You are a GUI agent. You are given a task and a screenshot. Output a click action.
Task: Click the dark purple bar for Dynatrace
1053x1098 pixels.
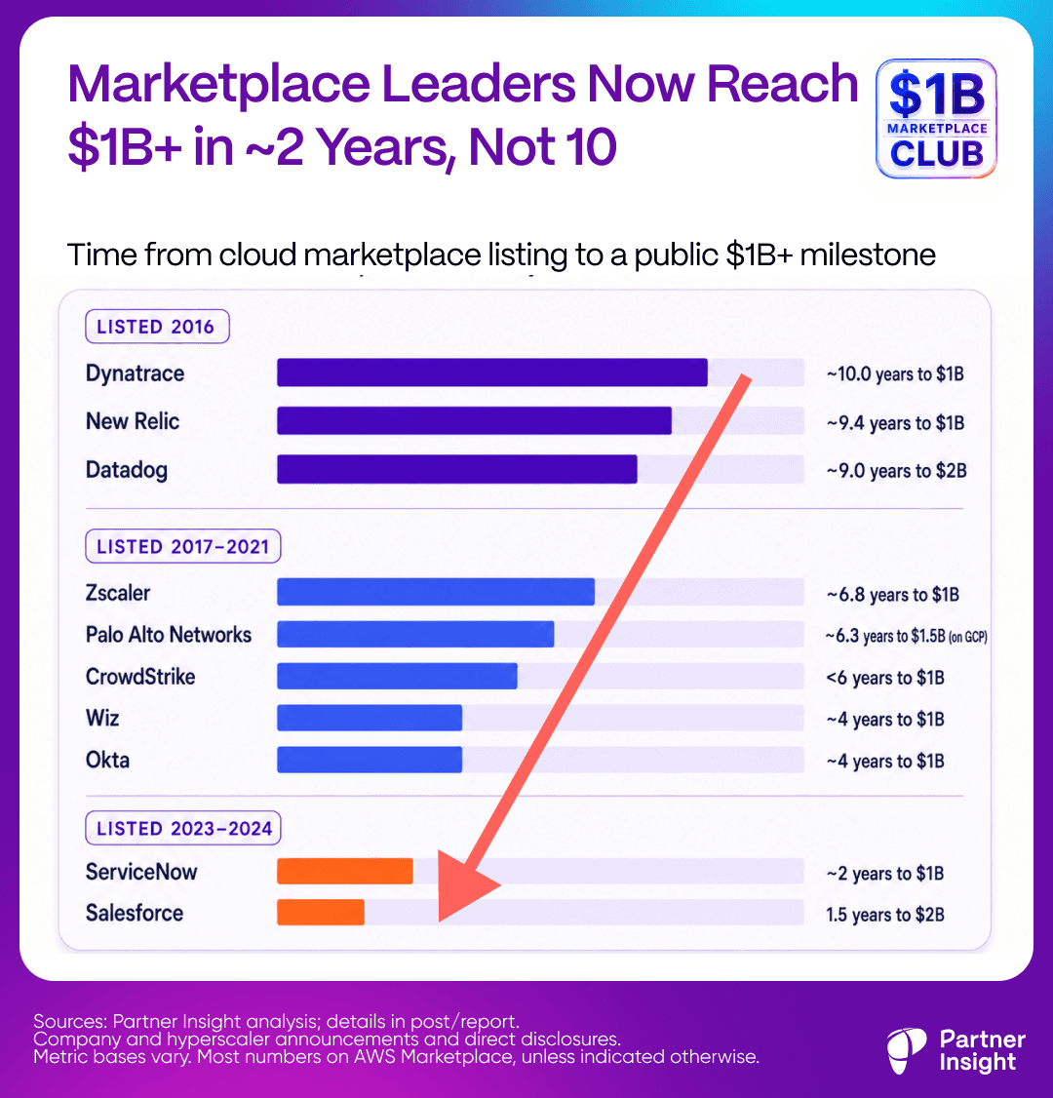coord(492,373)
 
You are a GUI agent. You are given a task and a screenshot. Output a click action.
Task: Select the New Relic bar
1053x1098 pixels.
coord(474,421)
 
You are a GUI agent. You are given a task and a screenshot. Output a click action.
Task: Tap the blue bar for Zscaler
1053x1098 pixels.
coord(436,592)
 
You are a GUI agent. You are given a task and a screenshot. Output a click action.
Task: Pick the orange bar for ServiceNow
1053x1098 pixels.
coord(345,871)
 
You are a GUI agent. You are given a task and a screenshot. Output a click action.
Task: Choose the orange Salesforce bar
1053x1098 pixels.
coord(321,913)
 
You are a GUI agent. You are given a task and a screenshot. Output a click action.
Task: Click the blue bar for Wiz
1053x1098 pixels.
coord(370,718)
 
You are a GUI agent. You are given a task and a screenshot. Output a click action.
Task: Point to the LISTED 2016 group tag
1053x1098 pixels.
coord(158,327)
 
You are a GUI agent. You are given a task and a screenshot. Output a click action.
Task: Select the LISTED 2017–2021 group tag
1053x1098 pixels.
coord(182,546)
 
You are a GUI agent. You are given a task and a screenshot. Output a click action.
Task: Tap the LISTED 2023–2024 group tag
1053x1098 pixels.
coord(182,829)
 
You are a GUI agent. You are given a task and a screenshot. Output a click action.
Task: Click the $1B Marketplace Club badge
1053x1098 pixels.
coord(936,118)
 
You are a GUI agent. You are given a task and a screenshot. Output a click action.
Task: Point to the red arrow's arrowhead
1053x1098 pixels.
coord(462,885)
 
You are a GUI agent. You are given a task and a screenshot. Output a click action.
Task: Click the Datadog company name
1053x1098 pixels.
coord(127,470)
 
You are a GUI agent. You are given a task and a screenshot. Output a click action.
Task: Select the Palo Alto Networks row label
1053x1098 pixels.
coord(169,635)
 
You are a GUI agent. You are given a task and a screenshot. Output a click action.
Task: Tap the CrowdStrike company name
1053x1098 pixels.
coord(140,677)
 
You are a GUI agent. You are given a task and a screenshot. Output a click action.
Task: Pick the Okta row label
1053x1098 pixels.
coord(107,760)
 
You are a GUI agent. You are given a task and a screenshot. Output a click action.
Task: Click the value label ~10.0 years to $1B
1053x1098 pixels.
coord(895,373)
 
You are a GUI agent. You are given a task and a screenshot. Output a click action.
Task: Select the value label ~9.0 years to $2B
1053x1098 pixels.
coord(896,471)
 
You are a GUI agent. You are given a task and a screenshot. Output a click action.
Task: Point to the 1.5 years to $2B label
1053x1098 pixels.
coord(885,915)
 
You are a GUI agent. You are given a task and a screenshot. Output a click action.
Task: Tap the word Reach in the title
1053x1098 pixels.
coord(782,84)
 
